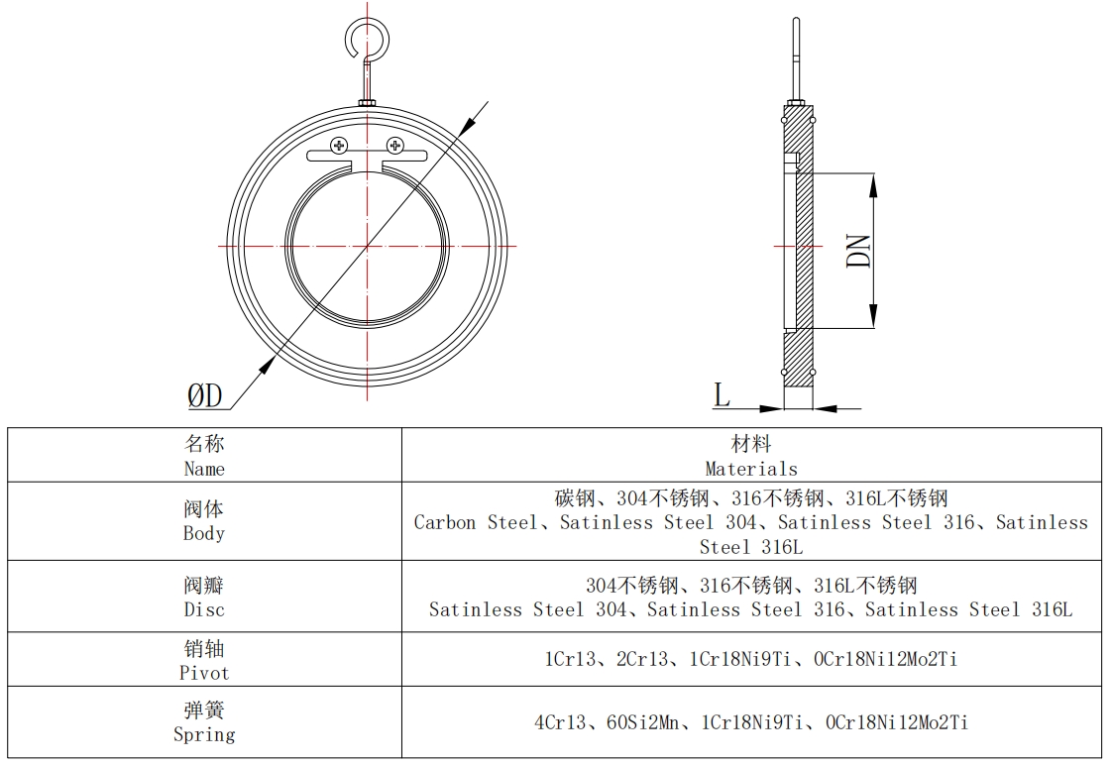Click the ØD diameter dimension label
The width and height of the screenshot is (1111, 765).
point(206,396)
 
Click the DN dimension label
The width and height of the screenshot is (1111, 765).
point(859,251)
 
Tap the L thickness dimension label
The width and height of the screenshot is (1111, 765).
point(722,395)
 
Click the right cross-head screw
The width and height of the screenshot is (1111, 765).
point(394,146)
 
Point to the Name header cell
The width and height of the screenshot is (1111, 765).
point(204,456)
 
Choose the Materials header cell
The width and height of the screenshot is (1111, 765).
point(751,456)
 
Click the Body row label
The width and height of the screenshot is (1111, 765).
point(204,521)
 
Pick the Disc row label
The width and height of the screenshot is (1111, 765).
point(204,598)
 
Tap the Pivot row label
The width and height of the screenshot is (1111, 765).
point(204,661)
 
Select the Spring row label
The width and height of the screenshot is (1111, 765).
point(204,722)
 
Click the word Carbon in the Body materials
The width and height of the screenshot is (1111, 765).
point(445,522)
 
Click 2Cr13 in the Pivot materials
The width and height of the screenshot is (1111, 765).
point(642,659)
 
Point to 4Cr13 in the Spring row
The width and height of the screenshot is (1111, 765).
point(560,722)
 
